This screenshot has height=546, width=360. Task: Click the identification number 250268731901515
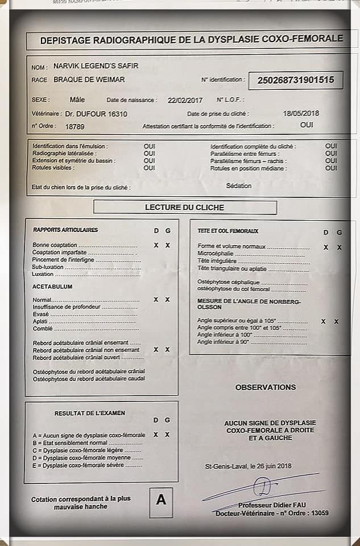(x=296, y=80)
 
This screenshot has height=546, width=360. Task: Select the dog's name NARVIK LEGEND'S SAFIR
(x=96, y=66)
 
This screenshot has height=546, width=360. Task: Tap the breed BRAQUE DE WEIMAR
(x=89, y=80)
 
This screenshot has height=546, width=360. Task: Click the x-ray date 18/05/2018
(x=301, y=113)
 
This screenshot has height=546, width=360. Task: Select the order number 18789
(x=75, y=126)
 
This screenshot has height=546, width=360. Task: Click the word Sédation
(x=238, y=185)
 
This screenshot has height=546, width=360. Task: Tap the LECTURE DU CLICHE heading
(x=185, y=208)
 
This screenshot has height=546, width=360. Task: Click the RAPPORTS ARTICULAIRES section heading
(x=65, y=230)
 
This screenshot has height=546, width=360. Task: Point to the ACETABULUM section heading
(x=52, y=287)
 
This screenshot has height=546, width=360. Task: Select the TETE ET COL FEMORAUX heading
(x=227, y=231)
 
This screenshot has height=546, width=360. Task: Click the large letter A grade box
(x=161, y=500)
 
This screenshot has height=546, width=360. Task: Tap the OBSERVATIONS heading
(x=266, y=387)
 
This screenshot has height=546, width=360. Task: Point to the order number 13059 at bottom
(x=317, y=514)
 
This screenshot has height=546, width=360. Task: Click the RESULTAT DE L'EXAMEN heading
(x=90, y=413)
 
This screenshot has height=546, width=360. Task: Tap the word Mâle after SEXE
(x=77, y=99)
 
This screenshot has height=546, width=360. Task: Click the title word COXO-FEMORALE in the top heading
(x=301, y=39)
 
